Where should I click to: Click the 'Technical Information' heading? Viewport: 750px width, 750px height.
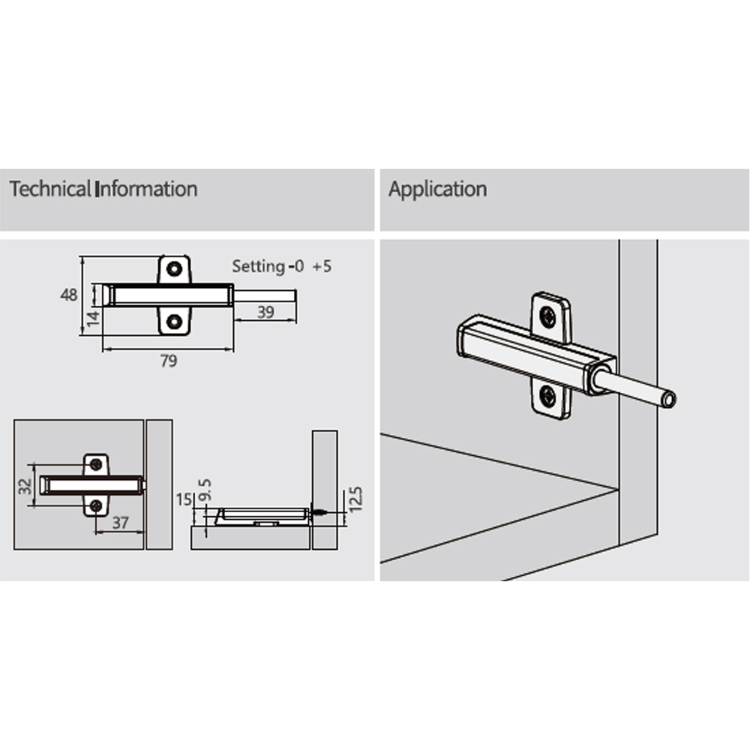pos(103,189)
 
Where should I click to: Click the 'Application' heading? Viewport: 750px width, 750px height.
pos(438,190)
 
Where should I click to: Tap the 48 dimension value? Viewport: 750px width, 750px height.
pos(69,295)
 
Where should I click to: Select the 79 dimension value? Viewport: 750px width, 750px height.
pos(168,360)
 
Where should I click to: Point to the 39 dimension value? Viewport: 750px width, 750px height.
pos(265,312)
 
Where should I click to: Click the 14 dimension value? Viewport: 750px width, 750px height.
pos(93,318)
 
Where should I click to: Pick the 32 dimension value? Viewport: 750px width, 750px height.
pos(25,487)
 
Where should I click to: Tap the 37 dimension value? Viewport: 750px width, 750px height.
pos(120,523)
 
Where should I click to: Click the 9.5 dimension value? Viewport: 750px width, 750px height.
pos(204,490)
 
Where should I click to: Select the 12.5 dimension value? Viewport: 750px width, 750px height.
pos(355,499)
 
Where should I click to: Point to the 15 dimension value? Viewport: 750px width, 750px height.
pos(184,499)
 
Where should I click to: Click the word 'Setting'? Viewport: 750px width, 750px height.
pos(258,266)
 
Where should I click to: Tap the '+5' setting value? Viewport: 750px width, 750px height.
pos(322,266)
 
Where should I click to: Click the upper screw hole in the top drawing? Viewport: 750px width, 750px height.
pos(174,268)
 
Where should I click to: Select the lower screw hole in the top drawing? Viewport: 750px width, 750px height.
pos(174,321)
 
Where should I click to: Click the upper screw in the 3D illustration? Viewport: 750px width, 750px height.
pos(547,316)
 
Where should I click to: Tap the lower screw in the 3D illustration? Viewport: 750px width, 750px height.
pos(547,396)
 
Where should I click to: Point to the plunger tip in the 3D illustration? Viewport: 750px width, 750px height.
pos(669,400)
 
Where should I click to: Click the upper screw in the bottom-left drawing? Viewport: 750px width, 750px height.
pos(96,464)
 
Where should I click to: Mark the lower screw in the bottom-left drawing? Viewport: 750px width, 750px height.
pos(96,506)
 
